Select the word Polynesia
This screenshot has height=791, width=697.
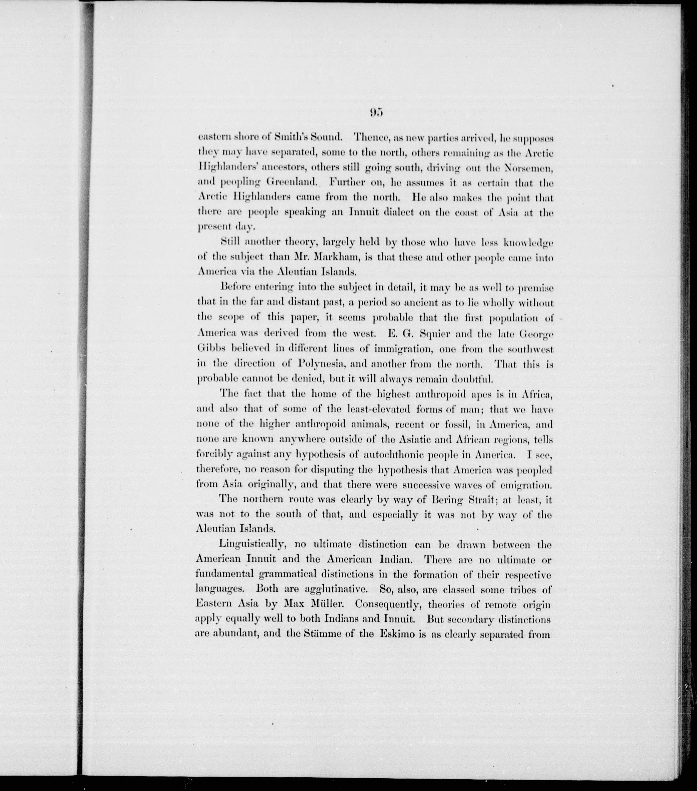click(x=333, y=364)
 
